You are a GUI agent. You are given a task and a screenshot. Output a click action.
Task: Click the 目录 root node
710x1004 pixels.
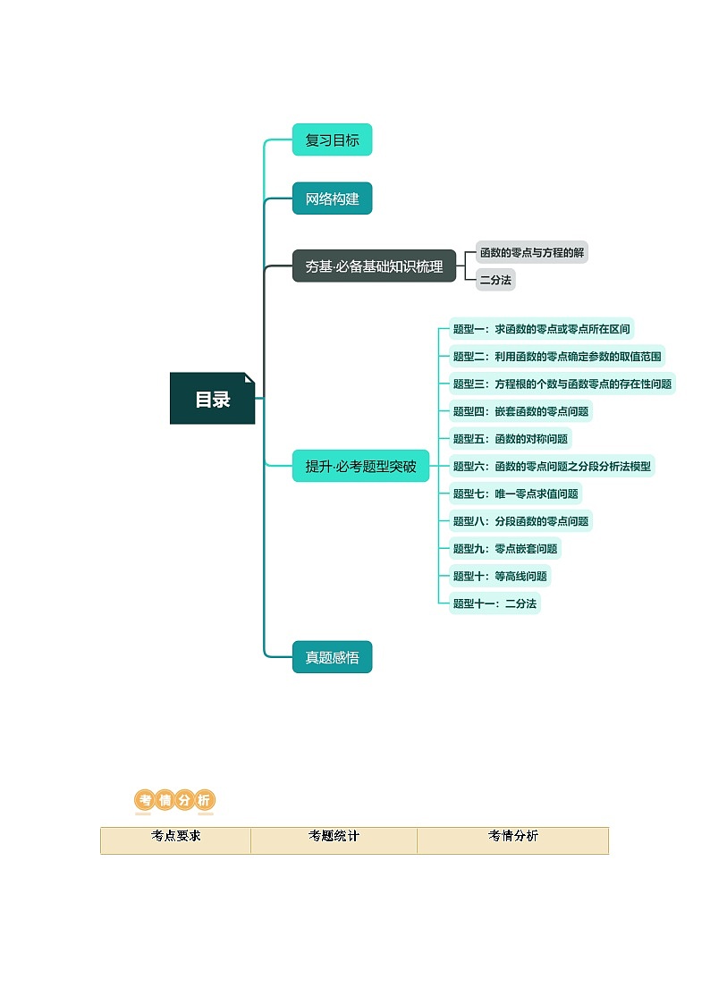point(213,399)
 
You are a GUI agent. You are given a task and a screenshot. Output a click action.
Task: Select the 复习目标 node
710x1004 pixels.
point(332,140)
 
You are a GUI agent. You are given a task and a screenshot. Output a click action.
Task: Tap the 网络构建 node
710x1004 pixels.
point(332,198)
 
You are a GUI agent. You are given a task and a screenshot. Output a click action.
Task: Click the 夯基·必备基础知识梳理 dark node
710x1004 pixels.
point(374,266)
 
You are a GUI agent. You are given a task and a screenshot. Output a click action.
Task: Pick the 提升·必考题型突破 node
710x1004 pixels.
point(360,466)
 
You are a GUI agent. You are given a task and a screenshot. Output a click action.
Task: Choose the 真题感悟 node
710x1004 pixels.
point(332,657)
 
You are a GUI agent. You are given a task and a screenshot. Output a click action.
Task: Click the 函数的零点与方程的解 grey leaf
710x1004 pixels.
point(531,252)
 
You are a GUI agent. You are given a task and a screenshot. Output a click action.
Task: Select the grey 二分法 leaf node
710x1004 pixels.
point(495,280)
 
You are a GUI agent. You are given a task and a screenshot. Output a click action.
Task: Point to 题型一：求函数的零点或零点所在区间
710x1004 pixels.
point(541,329)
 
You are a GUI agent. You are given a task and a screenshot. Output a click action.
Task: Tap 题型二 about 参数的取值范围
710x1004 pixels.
point(556,356)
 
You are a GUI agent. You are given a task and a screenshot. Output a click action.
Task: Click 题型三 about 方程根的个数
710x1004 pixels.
point(562,384)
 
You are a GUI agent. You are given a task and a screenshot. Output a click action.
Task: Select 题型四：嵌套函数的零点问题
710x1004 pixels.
point(520,411)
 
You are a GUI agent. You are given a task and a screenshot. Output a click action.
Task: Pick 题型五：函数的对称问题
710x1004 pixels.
point(510,439)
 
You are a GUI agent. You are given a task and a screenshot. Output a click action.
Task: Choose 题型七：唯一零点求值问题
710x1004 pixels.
point(515,494)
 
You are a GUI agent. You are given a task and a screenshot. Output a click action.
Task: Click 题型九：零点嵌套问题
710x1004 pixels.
point(505,549)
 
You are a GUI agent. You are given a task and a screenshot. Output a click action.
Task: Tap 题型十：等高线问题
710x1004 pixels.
point(500,576)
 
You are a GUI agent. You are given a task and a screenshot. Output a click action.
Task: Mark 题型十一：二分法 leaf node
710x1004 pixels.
point(494,603)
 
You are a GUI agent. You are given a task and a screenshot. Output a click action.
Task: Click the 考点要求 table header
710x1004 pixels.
point(175,837)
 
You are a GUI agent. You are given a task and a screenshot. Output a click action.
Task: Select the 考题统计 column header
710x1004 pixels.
point(334,837)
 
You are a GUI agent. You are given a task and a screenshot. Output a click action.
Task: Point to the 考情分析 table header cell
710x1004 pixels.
point(512,837)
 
